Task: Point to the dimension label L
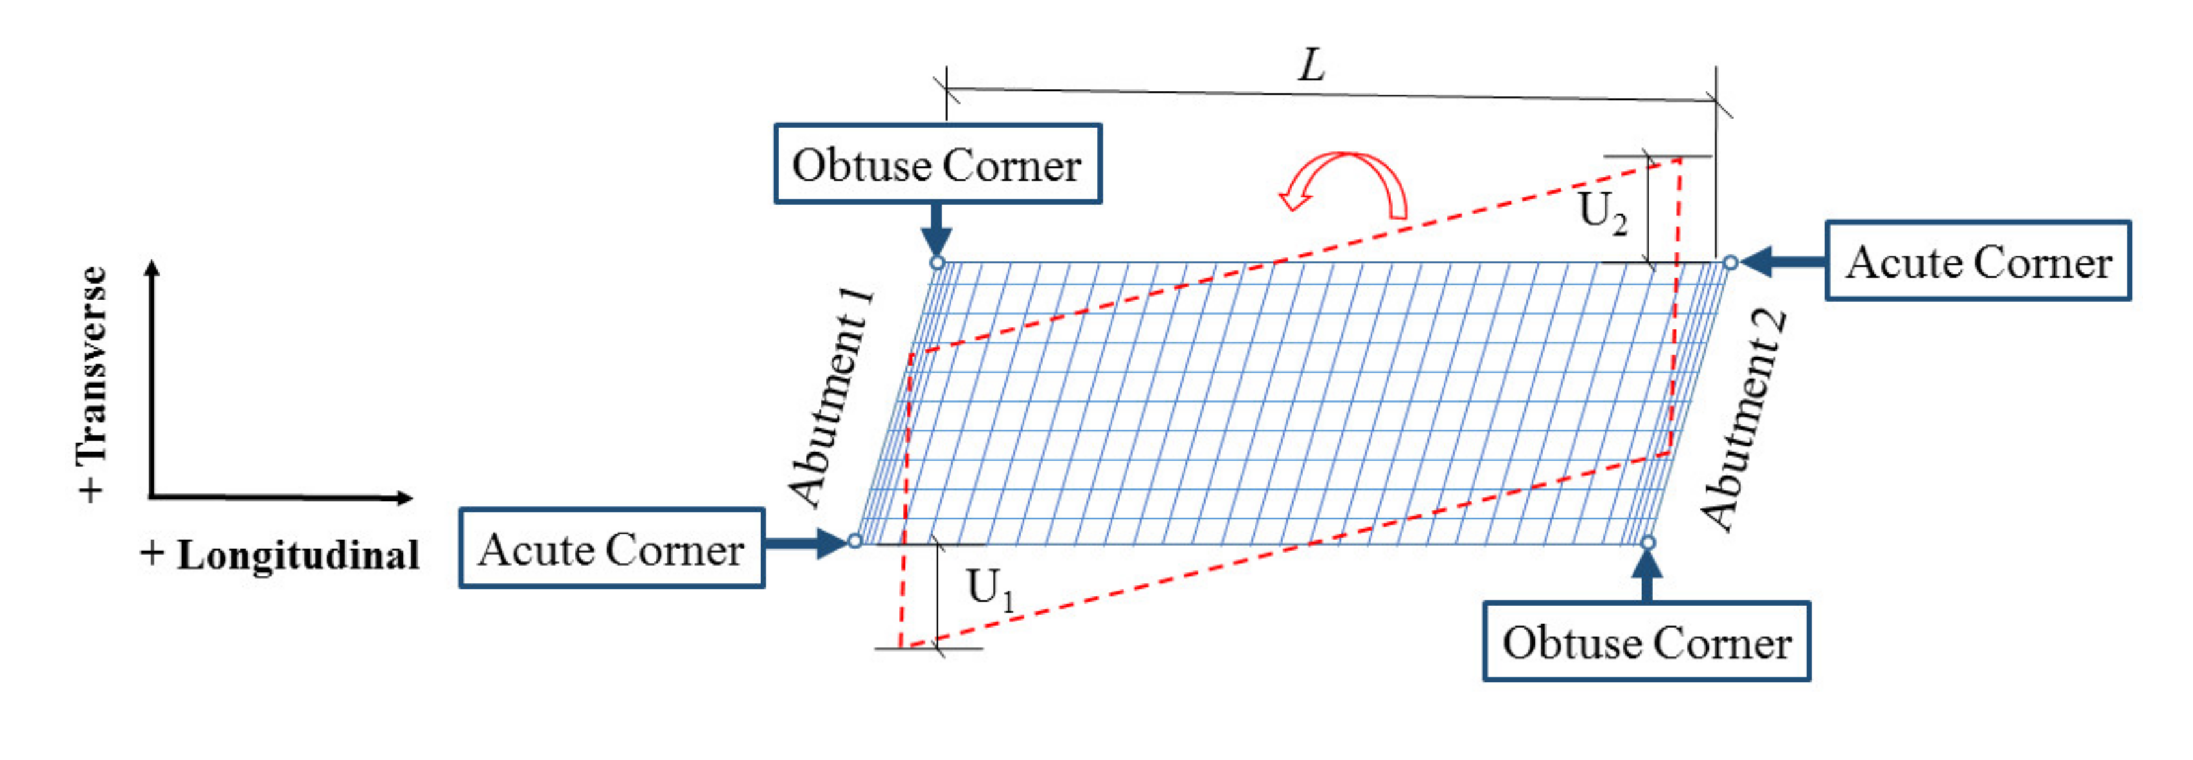point(1312,65)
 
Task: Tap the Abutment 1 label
point(831,398)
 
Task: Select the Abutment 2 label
point(1743,420)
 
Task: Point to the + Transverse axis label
point(92,383)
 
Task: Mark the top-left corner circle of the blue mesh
point(937,262)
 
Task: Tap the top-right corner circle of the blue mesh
point(1730,262)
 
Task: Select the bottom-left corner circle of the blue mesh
point(856,540)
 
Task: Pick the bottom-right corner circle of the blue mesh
point(1648,542)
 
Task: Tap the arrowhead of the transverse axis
point(152,267)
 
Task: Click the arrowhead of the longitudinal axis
point(405,498)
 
